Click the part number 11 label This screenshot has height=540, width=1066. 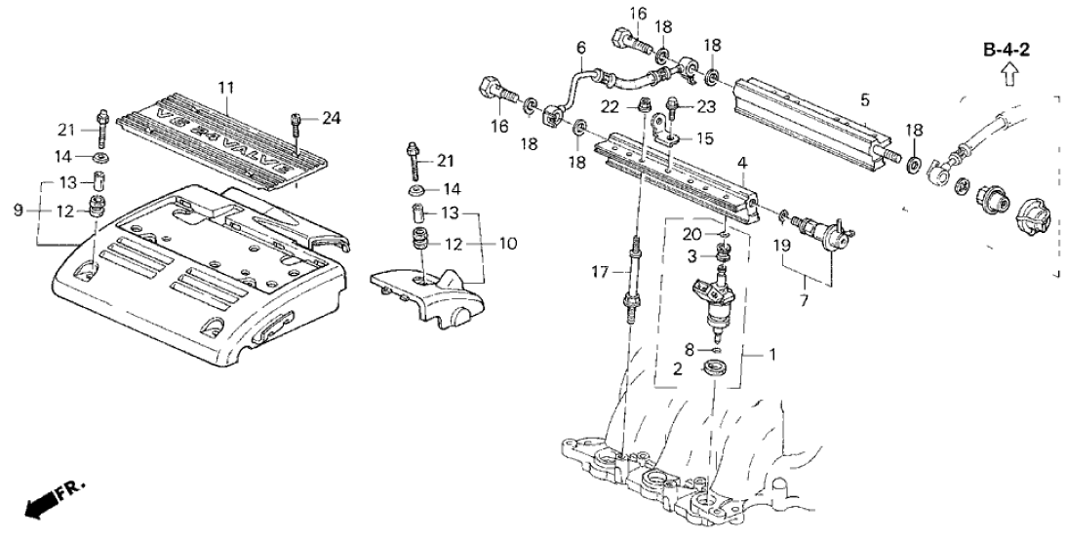click(x=226, y=89)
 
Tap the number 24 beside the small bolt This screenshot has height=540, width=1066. click(x=333, y=120)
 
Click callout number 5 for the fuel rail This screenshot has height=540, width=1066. click(x=864, y=98)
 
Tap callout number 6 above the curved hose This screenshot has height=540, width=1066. click(x=580, y=47)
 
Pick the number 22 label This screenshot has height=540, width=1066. click(x=610, y=105)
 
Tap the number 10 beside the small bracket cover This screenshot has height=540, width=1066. click(x=507, y=242)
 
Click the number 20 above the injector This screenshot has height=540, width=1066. click(x=691, y=234)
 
